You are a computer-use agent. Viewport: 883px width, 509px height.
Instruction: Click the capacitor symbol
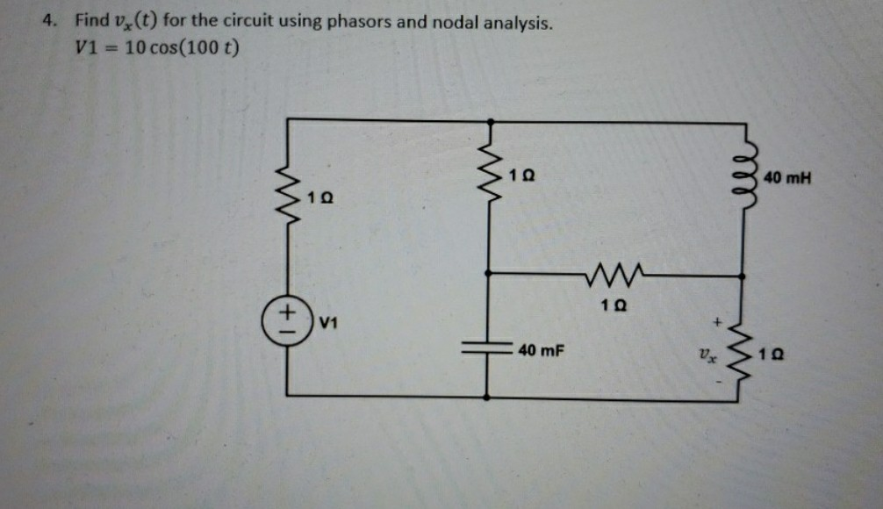click(488, 346)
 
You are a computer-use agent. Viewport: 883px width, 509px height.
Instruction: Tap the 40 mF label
click(540, 352)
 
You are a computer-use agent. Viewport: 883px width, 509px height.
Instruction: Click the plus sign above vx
click(717, 324)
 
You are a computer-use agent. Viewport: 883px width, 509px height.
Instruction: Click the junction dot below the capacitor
click(488, 397)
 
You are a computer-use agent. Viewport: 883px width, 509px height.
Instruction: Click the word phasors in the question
click(360, 20)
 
